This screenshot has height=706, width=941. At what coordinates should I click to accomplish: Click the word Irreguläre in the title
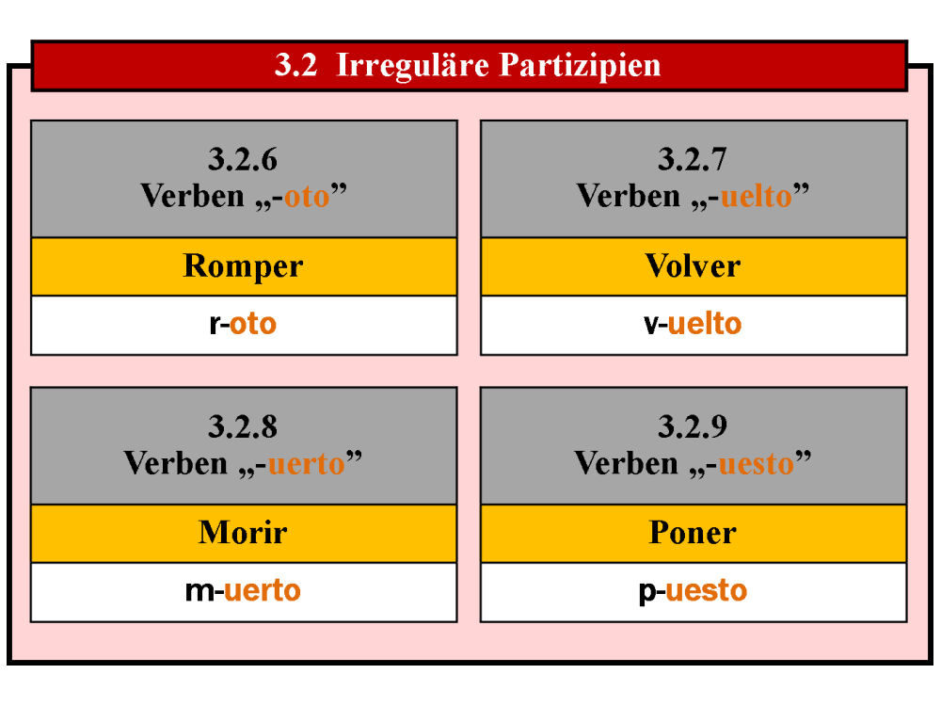(x=412, y=65)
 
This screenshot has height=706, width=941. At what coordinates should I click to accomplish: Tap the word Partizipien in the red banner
(x=580, y=66)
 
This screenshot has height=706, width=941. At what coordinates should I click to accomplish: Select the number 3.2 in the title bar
(x=295, y=65)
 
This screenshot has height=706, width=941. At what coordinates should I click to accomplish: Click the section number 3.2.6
(x=243, y=160)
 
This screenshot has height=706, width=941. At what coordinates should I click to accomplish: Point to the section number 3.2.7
(x=693, y=160)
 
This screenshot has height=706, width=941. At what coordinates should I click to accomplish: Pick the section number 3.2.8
(x=243, y=426)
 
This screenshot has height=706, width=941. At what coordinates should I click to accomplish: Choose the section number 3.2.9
(x=693, y=426)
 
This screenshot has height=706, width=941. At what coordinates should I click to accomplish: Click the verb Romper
(x=243, y=266)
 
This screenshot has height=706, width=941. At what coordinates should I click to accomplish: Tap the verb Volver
(x=693, y=266)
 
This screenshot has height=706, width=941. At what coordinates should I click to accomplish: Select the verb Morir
(x=243, y=533)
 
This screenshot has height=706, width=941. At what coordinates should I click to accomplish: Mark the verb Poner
(x=693, y=533)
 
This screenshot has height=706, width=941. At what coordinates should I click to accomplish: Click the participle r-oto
(x=243, y=324)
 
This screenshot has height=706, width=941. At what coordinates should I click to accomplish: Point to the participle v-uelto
(x=693, y=324)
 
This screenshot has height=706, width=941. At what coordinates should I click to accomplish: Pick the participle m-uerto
(x=243, y=591)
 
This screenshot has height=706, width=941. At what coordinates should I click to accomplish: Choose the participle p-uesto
(x=693, y=592)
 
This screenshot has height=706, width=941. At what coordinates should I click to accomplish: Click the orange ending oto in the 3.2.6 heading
(x=307, y=198)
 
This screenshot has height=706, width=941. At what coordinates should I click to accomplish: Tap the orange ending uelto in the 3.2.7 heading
(x=757, y=197)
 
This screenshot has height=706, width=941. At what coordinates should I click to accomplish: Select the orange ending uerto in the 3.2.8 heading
(x=306, y=464)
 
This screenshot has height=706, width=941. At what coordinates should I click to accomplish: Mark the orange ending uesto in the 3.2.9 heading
(x=757, y=464)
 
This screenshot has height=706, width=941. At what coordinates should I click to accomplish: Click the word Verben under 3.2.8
(x=176, y=463)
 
